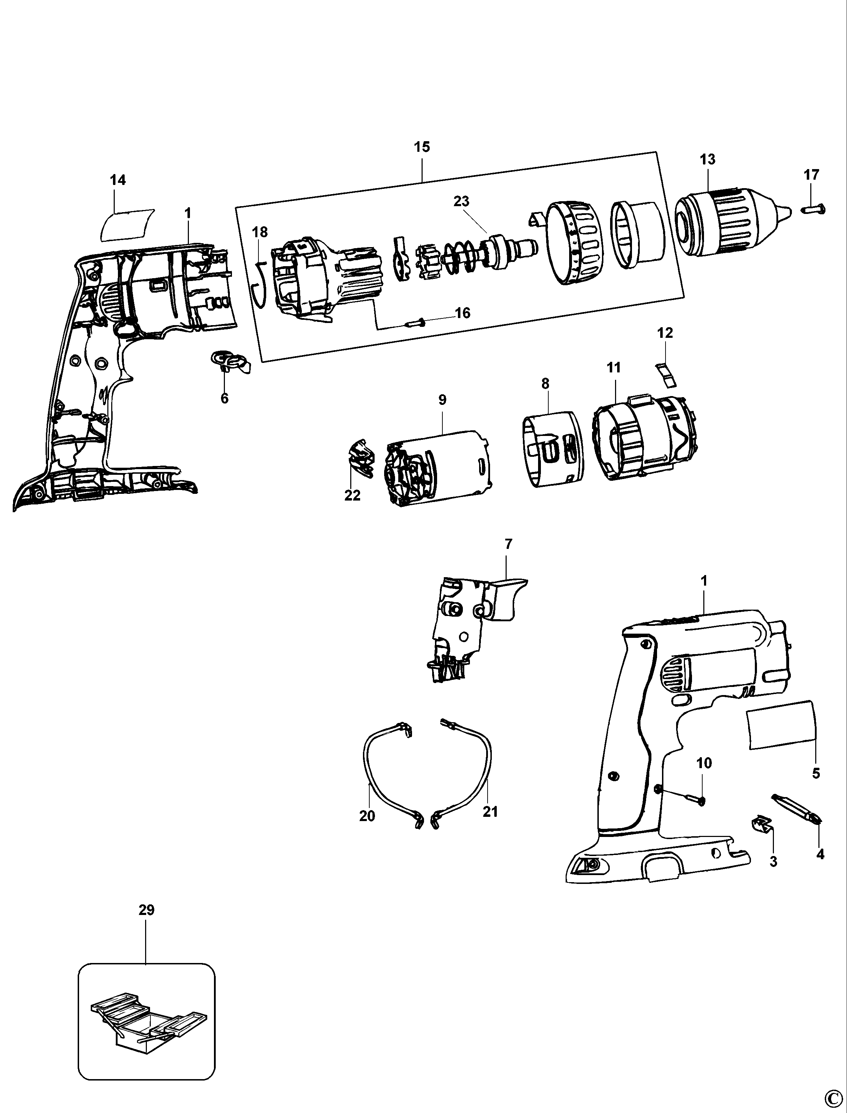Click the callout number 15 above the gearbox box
(422, 147)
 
